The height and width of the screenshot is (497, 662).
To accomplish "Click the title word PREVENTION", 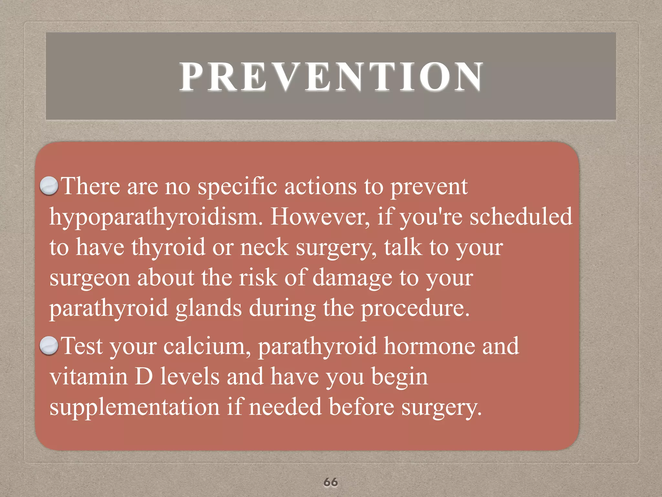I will (x=331, y=76).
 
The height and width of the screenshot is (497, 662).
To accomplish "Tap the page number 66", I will (x=331, y=482).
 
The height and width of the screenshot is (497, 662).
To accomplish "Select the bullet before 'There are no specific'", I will (x=49, y=186).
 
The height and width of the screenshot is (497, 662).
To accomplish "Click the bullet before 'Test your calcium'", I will (x=49, y=345).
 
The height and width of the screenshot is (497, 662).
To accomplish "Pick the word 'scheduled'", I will (x=521, y=216).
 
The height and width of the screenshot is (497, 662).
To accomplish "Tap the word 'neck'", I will (x=264, y=247).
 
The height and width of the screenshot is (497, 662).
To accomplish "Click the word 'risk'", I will (x=258, y=278).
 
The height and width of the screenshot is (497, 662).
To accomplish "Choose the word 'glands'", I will (x=208, y=308).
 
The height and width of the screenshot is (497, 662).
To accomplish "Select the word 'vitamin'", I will (x=89, y=376).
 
